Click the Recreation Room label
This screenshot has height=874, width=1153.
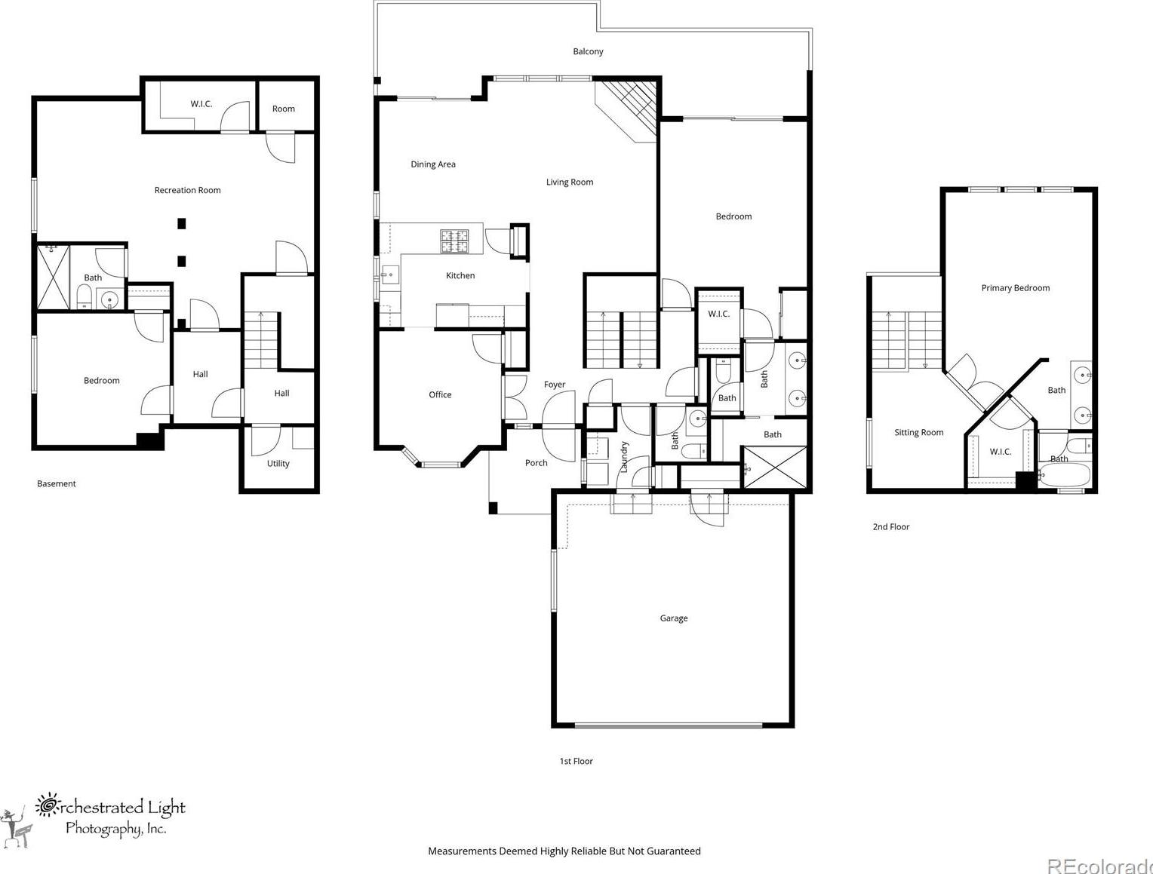[188, 190]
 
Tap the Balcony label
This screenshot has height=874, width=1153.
[588, 51]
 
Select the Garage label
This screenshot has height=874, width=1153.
[673, 618]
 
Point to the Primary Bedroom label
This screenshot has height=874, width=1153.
[1016, 287]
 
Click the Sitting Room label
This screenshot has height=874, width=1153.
[919, 433]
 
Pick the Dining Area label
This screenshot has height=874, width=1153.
[433, 164]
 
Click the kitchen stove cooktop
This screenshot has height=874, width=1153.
[454, 241]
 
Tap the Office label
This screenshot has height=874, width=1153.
[440, 394]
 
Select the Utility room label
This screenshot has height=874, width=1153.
[278, 464]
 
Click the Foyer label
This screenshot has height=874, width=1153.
[554, 385]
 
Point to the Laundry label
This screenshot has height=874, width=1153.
[624, 457]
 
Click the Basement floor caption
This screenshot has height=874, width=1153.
[56, 483]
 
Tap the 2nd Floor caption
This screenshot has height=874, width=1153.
[891, 526]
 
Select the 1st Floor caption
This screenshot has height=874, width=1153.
[576, 761]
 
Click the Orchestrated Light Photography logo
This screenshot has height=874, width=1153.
[94, 820]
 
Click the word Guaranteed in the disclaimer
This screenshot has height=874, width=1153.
[673, 851]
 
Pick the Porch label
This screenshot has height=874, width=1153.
[536, 463]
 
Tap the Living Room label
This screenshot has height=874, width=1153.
[570, 182]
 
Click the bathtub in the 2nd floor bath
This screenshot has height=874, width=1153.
[1065, 476]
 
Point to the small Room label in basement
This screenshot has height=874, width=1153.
[283, 109]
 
